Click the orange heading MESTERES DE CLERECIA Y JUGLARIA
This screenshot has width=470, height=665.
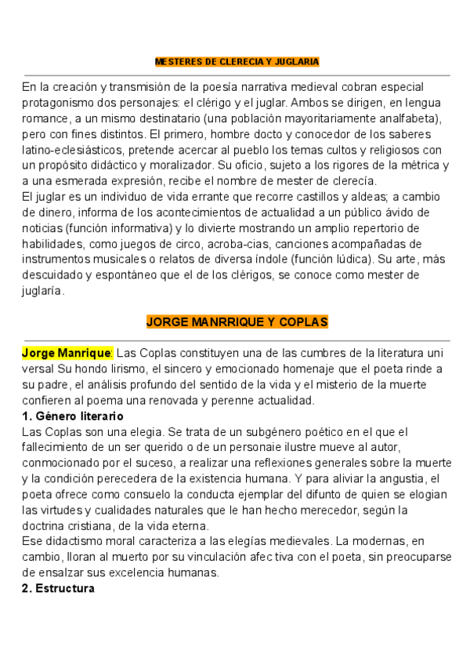pyautogui.click(x=237, y=61)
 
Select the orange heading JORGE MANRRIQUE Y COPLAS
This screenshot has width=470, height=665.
pyautogui.click(x=237, y=322)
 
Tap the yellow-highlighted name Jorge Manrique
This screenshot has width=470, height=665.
pyautogui.click(x=67, y=353)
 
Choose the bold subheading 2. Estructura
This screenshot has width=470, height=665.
pyautogui.click(x=58, y=588)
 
